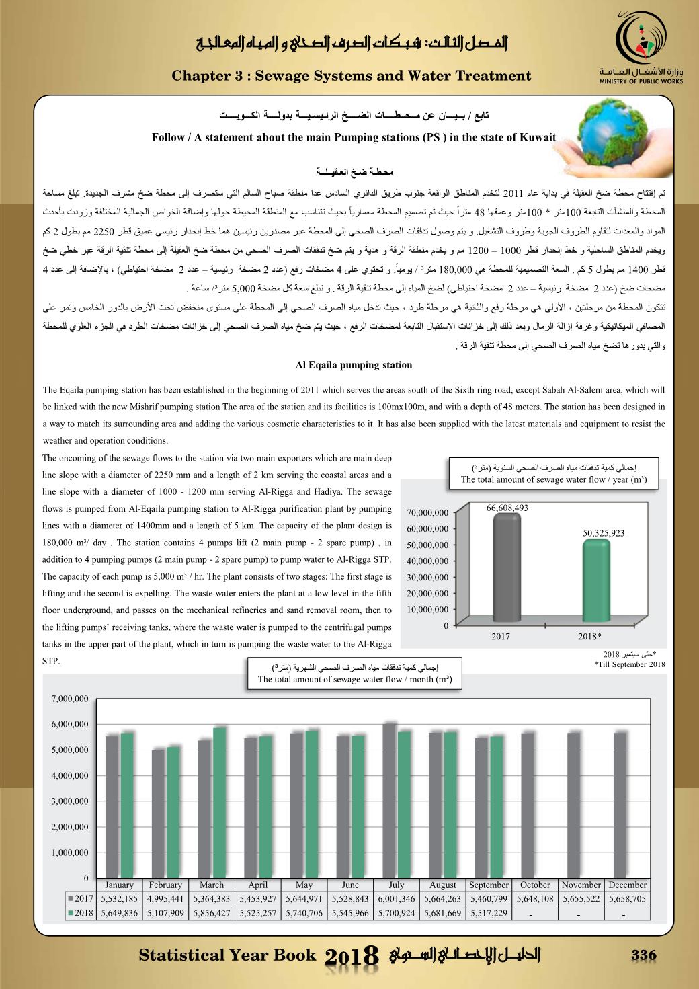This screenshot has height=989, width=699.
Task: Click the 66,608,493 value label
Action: [x=507, y=508]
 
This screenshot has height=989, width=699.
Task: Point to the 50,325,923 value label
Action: [x=604, y=533]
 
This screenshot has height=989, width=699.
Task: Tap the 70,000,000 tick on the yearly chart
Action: [x=427, y=513]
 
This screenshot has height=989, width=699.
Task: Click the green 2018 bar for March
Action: [x=220, y=800]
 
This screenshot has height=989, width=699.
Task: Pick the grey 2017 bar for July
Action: [x=389, y=797]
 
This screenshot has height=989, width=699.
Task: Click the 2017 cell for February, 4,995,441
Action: [x=165, y=898]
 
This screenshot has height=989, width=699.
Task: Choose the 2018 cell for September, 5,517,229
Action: [x=489, y=913]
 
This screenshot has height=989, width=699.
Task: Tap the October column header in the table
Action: [x=535, y=885]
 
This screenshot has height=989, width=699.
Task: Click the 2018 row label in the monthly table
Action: [x=81, y=913]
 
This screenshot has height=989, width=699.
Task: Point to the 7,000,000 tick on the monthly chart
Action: [x=70, y=699]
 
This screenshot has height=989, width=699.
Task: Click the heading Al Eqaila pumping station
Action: [x=354, y=366]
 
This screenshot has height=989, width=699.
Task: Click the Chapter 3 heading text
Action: [x=352, y=76]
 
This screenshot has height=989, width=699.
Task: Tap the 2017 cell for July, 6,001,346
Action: [x=397, y=898]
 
